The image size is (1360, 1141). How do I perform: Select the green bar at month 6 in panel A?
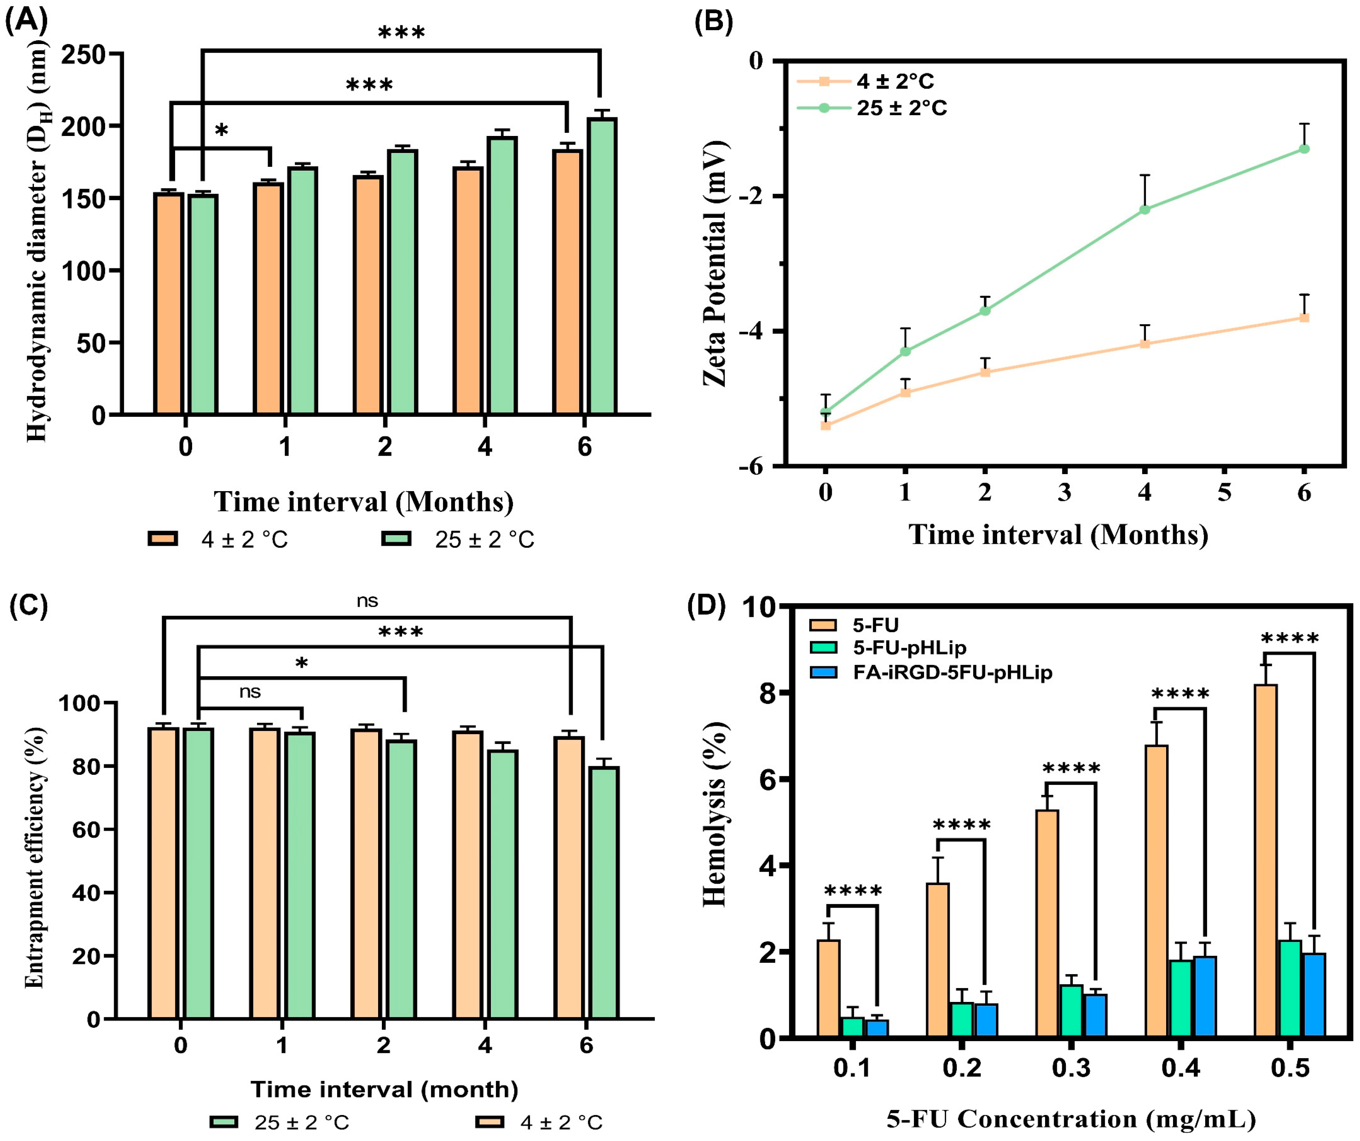[x=602, y=266]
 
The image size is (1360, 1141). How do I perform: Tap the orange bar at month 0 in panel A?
[x=168, y=303]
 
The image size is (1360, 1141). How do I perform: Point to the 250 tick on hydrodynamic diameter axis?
[x=83, y=54]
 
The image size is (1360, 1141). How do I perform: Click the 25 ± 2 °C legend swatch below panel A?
[x=396, y=539]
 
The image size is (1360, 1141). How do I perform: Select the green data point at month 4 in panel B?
[x=1144, y=209]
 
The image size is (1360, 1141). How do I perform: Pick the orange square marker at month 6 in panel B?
[x=1304, y=317]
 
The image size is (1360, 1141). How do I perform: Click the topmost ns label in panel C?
[x=367, y=601]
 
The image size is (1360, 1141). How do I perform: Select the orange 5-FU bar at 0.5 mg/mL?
[x=1265, y=861]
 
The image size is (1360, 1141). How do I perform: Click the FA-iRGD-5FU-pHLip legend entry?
[x=952, y=673]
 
